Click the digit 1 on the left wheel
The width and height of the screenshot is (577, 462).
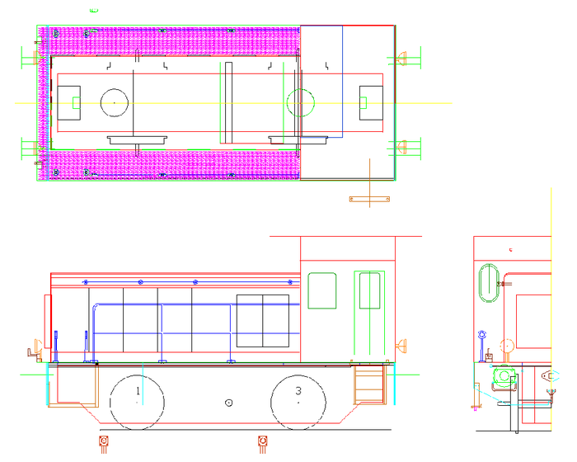138,390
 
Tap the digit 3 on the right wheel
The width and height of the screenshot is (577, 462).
298,390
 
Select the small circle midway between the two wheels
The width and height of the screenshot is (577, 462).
229,403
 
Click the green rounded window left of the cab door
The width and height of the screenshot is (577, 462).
322,290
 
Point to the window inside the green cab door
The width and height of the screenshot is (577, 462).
369,290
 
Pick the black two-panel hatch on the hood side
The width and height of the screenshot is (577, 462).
263,321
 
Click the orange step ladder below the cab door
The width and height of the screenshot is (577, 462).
368,384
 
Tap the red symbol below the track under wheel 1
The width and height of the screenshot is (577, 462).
104,444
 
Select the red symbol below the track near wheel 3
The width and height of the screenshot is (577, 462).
263,444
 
